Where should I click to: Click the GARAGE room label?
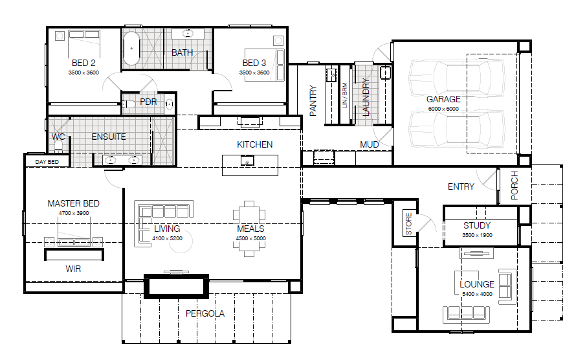(443, 99)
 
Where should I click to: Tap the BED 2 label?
(83, 63)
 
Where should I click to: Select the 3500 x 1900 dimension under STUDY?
(477, 235)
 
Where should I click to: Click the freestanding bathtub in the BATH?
(131, 49)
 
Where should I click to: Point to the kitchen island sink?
(247, 161)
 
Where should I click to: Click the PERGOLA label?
(205, 313)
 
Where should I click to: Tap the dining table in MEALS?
(249, 229)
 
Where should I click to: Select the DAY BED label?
(47, 162)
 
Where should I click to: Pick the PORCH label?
(515, 185)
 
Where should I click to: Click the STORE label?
(408, 224)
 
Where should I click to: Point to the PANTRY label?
(313, 100)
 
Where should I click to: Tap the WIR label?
(73, 269)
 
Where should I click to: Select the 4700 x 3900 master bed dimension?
(74, 213)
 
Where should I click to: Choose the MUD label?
(369, 145)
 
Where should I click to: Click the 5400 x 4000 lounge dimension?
(477, 294)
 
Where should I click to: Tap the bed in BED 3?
(265, 65)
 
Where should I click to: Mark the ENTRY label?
(461, 186)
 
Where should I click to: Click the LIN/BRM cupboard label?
(344, 96)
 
